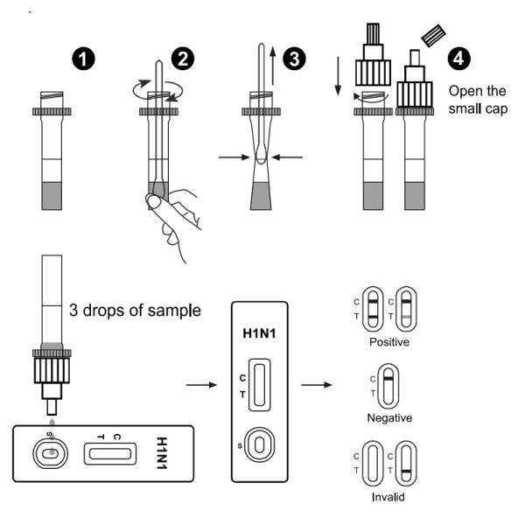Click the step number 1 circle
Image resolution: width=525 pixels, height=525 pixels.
coord(83,59)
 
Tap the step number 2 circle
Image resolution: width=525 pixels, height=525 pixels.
coord(185,59)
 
